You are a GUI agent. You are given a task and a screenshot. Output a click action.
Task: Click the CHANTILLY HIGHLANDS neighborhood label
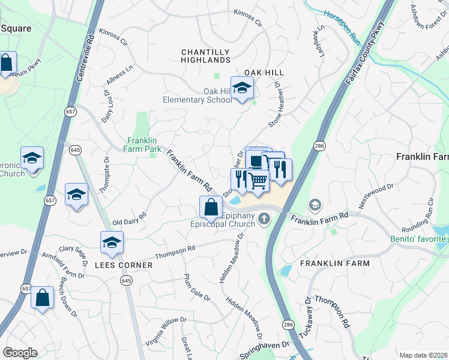click(206, 56)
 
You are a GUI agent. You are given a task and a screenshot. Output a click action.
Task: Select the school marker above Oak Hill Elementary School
click(242, 89)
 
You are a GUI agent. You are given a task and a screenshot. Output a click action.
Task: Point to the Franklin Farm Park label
click(145, 145)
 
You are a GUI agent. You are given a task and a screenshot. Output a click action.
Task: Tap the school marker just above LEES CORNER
click(112, 243)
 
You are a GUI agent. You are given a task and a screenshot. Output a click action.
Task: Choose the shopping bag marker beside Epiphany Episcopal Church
click(211, 208)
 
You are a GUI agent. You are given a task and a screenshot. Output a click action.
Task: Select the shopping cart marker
click(258, 180)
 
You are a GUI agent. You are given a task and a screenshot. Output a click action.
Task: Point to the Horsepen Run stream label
click(342, 28)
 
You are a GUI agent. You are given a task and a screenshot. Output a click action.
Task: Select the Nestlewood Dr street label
click(376, 196)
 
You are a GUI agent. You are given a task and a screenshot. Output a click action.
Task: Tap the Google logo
click(20, 353)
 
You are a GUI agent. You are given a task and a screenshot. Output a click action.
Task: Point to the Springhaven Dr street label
click(265, 349)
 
